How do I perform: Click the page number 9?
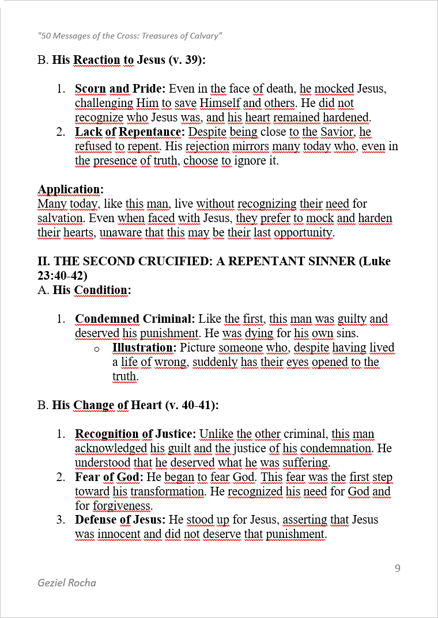pos(398,569)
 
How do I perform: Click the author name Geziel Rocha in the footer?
pos(67,582)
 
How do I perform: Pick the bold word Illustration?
pos(144,348)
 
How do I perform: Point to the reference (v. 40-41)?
pos(191,405)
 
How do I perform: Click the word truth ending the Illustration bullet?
pos(126,376)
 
